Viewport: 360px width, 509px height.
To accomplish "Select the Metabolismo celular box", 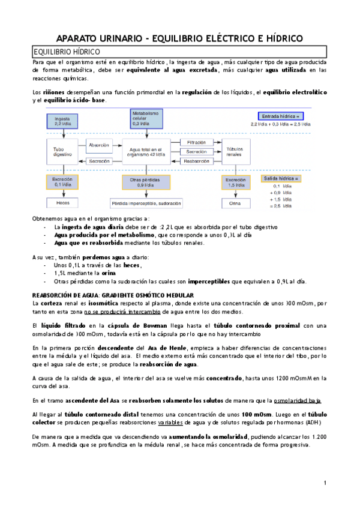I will tap(146, 118).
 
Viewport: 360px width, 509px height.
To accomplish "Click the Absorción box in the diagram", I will tap(99, 145).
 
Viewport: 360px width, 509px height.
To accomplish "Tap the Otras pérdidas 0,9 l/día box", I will tap(146, 182).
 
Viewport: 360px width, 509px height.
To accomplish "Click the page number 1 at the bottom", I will tap(325, 483).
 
